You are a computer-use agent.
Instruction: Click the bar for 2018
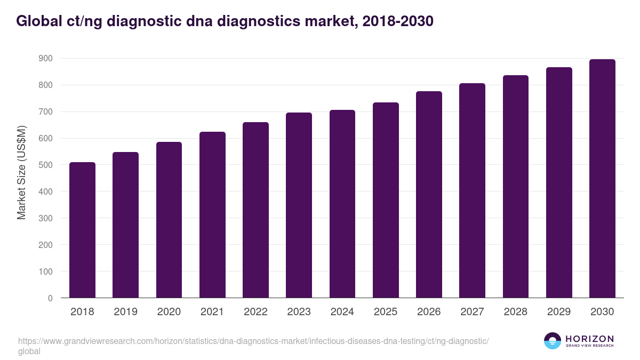pos(82,230)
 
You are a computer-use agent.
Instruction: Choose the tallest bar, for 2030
pos(602,179)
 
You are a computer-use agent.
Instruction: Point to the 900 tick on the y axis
pos(46,58)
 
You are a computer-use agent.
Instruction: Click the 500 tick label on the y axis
pos(46,165)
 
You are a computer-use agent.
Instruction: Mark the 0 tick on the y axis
pos(50,298)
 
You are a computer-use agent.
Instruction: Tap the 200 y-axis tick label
pos(46,245)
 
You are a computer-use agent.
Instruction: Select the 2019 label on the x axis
pos(125,312)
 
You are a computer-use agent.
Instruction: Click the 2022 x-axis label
pos(255,312)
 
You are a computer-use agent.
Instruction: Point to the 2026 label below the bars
pos(429,312)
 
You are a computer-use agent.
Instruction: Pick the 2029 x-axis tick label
pos(559,312)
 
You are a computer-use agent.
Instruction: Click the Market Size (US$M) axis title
pos(22,173)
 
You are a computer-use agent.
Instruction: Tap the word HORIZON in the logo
pos(589,339)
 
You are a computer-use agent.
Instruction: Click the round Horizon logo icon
pos(553,341)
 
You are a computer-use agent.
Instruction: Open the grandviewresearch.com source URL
pos(253,341)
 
